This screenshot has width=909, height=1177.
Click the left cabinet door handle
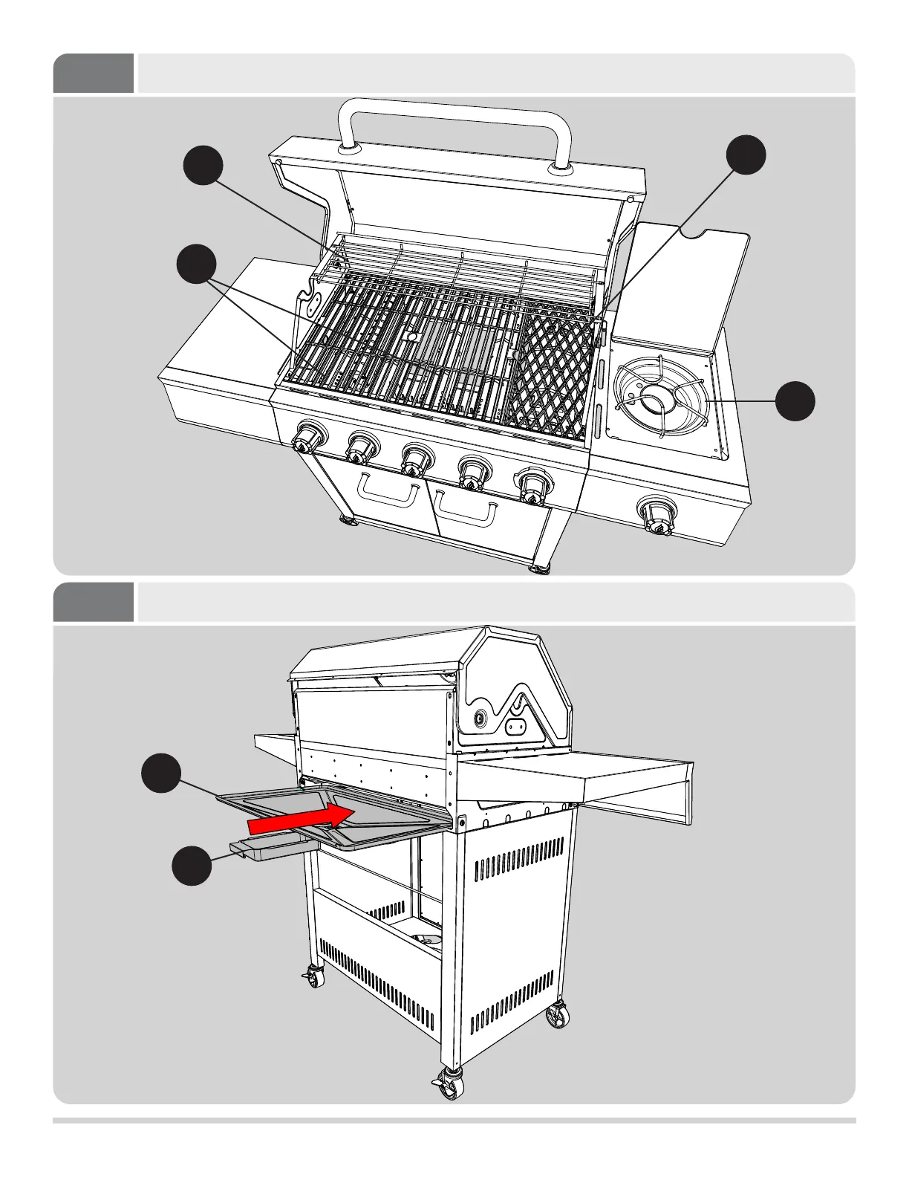point(386,490)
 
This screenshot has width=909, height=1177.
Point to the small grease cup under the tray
point(267,850)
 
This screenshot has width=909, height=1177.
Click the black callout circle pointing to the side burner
point(795,401)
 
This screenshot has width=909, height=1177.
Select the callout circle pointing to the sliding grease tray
point(161,774)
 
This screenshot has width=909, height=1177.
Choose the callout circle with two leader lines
point(197,264)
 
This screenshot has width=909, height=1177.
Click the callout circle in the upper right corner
point(746,155)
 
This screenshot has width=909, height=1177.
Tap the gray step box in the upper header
point(94,73)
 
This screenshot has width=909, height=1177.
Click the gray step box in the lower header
point(94,602)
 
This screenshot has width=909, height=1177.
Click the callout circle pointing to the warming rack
point(203,164)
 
